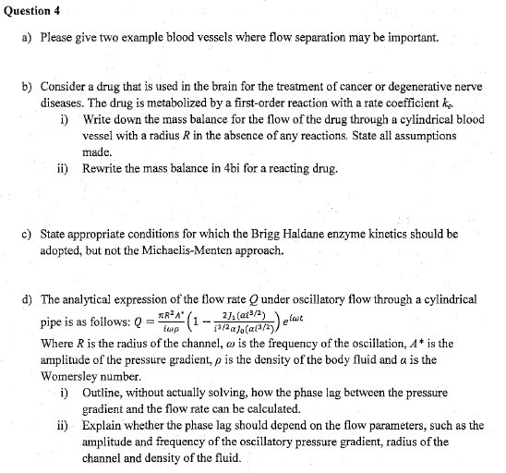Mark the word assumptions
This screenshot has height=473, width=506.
(426, 135)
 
